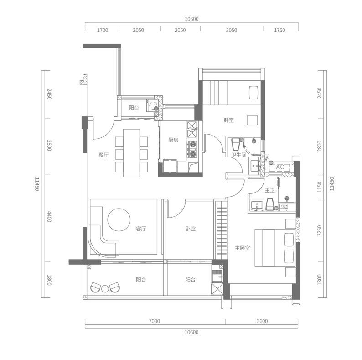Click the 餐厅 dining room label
[103, 155]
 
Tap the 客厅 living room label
[141, 229]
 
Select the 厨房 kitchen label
[173, 140]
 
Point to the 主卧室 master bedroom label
[243, 248]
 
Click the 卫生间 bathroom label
[239, 155]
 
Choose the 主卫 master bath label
[269, 190]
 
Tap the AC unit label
[280, 167]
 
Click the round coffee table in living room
[119, 220]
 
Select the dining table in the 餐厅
[131, 153]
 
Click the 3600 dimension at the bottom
[262, 321]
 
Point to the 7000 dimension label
[154, 321]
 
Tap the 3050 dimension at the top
[231, 30]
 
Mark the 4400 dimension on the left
[49, 217]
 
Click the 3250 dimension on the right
[320, 230]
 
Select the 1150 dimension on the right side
[320, 187]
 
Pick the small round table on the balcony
[105, 289]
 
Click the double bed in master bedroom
[275, 248]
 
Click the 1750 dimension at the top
[279, 30]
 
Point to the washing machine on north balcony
[153, 106]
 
